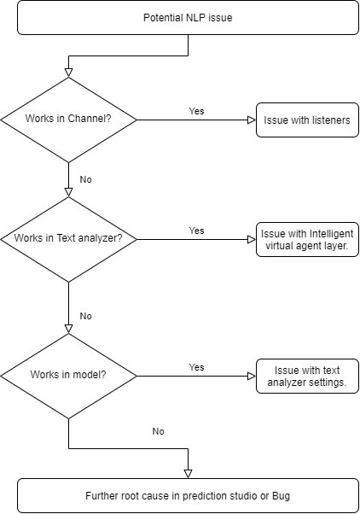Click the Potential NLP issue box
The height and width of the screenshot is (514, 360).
(x=188, y=18)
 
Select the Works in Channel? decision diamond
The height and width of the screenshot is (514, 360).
(x=68, y=120)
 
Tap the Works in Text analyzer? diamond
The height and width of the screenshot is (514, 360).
(x=68, y=240)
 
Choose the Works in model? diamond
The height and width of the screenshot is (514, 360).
(x=68, y=376)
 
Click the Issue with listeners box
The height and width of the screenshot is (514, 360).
(x=307, y=120)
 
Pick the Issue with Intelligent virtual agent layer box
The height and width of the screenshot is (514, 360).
(x=307, y=240)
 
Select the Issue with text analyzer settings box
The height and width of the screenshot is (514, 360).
(x=307, y=376)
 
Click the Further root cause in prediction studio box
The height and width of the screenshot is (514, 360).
(x=188, y=495)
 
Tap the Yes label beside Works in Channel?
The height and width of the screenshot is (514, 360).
(x=196, y=111)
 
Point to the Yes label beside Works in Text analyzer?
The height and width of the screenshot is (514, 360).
(x=196, y=231)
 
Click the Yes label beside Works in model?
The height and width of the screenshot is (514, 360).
(x=196, y=367)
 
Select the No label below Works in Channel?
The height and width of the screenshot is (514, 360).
(x=86, y=179)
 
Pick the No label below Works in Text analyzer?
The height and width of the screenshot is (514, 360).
(x=86, y=316)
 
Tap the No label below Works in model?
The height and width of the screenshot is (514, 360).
(x=158, y=431)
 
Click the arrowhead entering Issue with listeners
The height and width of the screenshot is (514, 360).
(x=252, y=120)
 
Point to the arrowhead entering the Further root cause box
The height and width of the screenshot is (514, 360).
(x=188, y=475)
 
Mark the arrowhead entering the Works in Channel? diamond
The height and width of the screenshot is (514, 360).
(x=68, y=73)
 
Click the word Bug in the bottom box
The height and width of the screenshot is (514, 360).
(x=281, y=496)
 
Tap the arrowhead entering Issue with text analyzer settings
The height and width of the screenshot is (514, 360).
(x=252, y=376)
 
